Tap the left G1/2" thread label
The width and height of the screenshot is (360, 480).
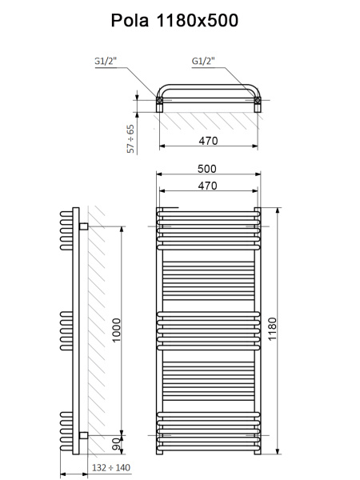pos(106,60)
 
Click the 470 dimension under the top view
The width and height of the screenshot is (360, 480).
pos(208,141)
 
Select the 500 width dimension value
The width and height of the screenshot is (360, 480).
pos(208,169)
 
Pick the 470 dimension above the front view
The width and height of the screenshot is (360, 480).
pos(208,185)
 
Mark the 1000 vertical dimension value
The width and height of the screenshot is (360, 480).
pos(117,330)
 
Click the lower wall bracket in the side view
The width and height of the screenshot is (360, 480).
pos(82,434)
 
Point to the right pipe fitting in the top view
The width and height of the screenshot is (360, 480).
pos(257,102)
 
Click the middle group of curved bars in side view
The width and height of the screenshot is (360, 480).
pos(66,330)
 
